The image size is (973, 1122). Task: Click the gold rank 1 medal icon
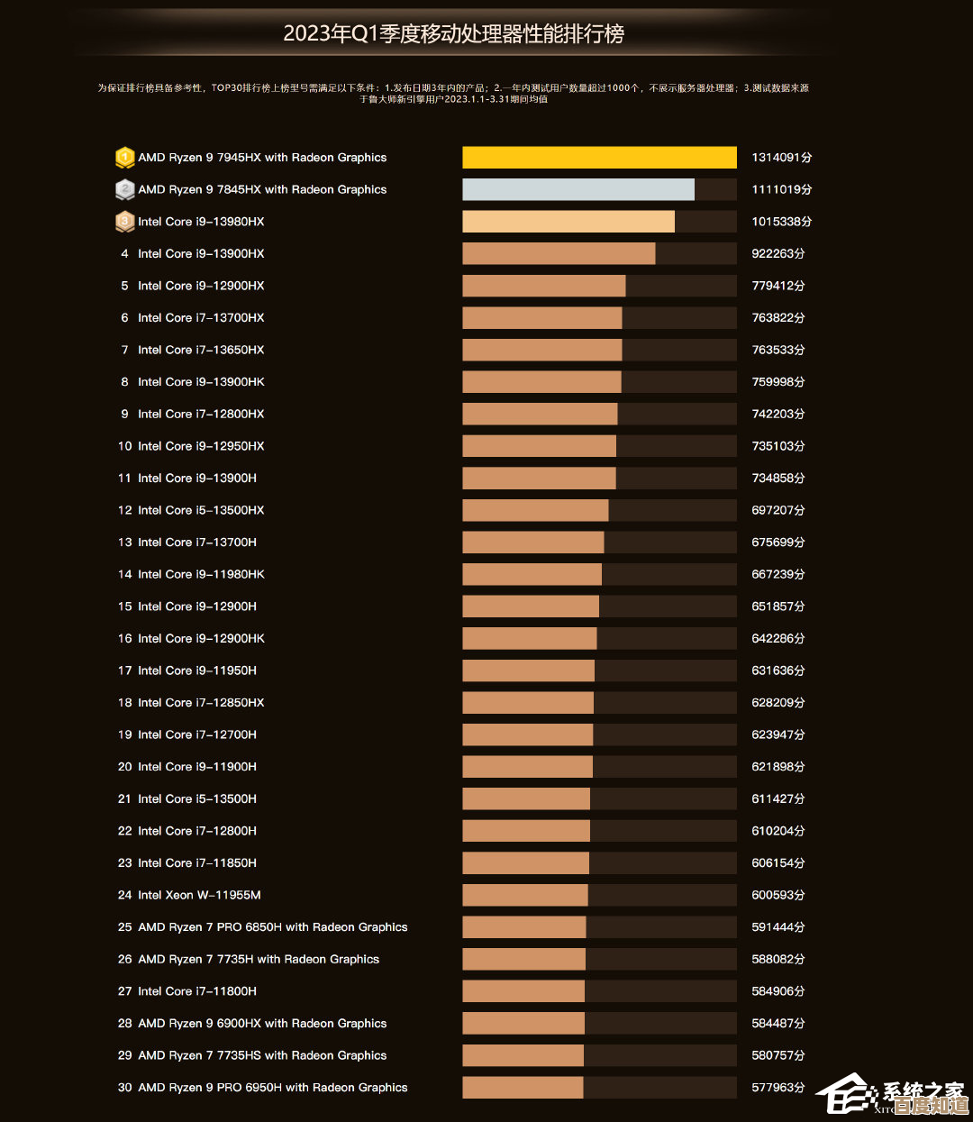(x=124, y=158)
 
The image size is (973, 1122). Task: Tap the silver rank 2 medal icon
(x=124, y=189)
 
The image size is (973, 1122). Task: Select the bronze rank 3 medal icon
(x=124, y=222)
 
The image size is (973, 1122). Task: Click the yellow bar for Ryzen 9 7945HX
(x=599, y=158)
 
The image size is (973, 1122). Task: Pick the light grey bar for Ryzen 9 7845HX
(x=578, y=189)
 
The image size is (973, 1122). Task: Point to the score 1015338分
(x=781, y=222)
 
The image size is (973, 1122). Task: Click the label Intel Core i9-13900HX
(x=201, y=254)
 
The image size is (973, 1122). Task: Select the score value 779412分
(x=778, y=286)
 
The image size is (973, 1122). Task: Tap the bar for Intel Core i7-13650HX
(x=541, y=350)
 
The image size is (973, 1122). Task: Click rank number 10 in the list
(x=124, y=446)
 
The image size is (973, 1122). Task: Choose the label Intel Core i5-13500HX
(x=201, y=510)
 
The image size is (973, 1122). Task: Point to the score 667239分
(x=778, y=574)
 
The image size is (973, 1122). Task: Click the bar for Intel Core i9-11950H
(x=528, y=670)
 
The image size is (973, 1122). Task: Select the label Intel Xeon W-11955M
(x=199, y=895)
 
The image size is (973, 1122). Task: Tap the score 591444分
(x=778, y=927)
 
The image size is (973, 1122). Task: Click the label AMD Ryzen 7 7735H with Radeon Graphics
(x=259, y=959)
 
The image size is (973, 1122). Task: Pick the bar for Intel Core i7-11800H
(x=523, y=991)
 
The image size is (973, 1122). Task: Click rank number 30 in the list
(x=124, y=1088)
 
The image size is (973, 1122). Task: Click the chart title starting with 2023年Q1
(x=453, y=34)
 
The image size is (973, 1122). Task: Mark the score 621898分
(x=778, y=767)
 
